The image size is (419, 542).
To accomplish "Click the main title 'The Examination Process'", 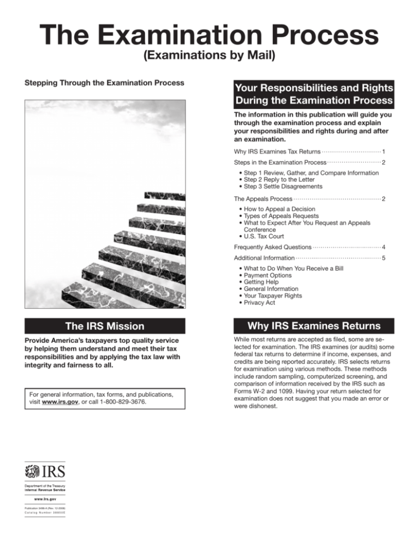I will click(209, 36).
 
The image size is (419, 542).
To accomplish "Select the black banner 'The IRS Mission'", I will click(105, 326).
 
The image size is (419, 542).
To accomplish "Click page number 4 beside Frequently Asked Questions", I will click(384, 247).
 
